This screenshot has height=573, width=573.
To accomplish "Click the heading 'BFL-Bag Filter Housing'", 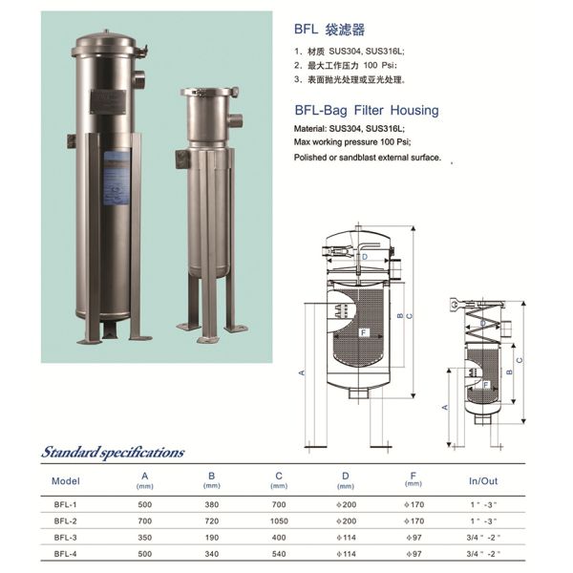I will click(x=366, y=111).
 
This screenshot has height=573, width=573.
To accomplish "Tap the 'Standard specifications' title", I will click(x=113, y=452).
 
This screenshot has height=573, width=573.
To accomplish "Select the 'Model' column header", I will click(x=67, y=480).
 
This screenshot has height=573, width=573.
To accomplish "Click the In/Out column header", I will click(x=484, y=480).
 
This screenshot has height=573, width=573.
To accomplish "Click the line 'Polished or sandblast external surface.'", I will click(x=368, y=158).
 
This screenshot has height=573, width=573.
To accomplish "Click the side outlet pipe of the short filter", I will click(x=234, y=121).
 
